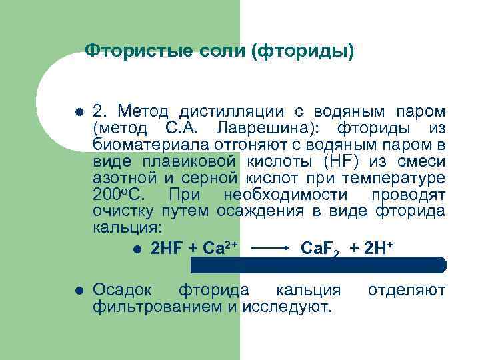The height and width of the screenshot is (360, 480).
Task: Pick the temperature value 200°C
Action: [x=114, y=195]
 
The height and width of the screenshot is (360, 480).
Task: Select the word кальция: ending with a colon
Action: [x=119, y=227]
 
